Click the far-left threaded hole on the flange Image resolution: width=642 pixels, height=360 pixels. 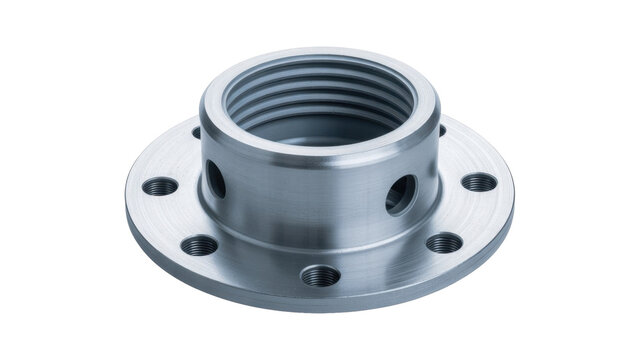pyautogui.click(x=160, y=186)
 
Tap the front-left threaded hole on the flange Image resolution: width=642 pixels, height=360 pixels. pyautogui.click(x=200, y=245)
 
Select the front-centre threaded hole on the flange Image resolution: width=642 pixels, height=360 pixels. pyautogui.click(x=320, y=275)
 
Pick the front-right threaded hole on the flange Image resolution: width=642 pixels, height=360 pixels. pyautogui.click(x=444, y=243)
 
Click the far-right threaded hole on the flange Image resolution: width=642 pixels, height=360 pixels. pyautogui.click(x=480, y=182)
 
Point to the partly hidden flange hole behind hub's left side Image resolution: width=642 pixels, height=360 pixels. pyautogui.click(x=197, y=132)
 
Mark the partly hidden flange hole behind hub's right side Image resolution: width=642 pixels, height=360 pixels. pyautogui.click(x=441, y=130)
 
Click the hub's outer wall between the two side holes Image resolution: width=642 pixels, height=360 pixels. pyautogui.click(x=310, y=200)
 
